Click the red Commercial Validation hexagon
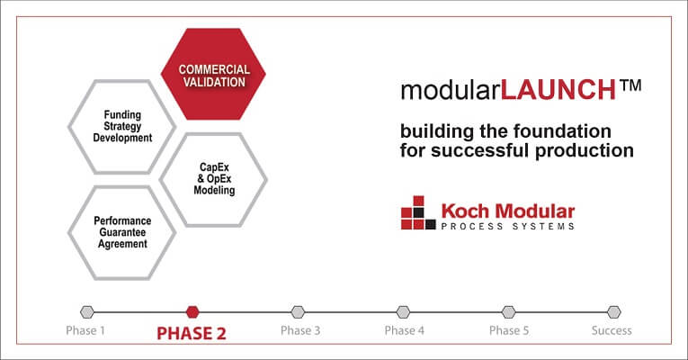pos(212,76)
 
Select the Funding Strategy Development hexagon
pos(121,127)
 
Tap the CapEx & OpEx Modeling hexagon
pos(213,178)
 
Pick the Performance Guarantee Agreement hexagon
pos(121,231)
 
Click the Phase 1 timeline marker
pos(86,312)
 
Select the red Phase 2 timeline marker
pos(192,312)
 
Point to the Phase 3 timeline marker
pos(298,312)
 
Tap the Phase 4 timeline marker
pos(403,312)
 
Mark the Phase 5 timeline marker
pos(508,312)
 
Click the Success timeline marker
pos(613,312)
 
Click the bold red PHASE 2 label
pos(192,332)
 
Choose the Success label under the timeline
pos(612,330)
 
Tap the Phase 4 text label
pos(404,330)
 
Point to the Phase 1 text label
pos(85,330)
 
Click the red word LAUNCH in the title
pos(558,90)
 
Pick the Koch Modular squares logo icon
pos(417,212)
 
